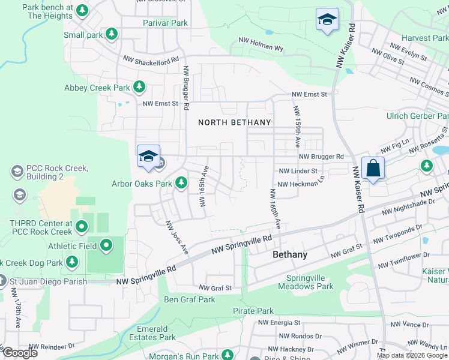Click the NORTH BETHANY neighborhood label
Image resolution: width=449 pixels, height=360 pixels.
[235, 122]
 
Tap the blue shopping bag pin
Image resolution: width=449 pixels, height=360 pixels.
[373, 169]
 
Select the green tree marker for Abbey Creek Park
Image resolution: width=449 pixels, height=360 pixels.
[139, 88]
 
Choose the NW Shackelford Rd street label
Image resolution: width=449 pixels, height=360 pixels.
[151, 60]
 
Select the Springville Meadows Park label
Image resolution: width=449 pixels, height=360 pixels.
[309, 282]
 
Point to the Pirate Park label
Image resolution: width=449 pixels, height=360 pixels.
[253, 311]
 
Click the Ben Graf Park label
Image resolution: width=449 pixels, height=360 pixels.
[190, 299]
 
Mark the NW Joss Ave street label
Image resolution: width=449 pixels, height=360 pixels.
[177, 238]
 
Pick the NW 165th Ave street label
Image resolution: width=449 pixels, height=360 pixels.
[202, 185]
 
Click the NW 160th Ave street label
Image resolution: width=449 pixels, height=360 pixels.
[275, 208]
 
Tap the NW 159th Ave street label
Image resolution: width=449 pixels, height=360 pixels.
[297, 127]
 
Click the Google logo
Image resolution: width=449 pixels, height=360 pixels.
[20, 353]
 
